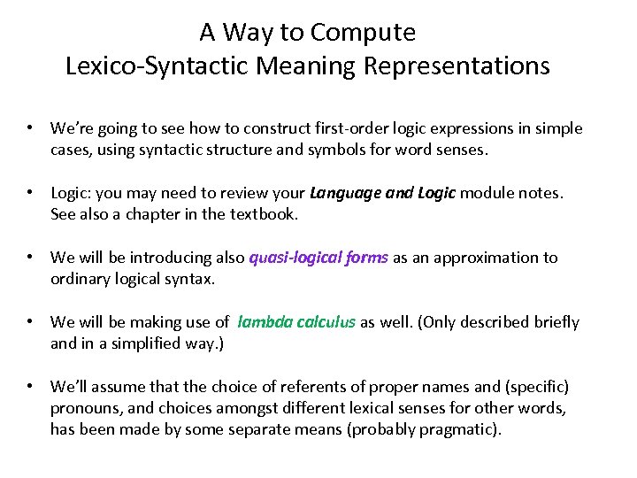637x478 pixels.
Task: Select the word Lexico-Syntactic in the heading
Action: [171, 66]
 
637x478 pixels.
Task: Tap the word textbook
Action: [265, 214]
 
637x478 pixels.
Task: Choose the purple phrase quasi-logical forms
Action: [318, 258]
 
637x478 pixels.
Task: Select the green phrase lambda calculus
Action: [296, 322]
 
